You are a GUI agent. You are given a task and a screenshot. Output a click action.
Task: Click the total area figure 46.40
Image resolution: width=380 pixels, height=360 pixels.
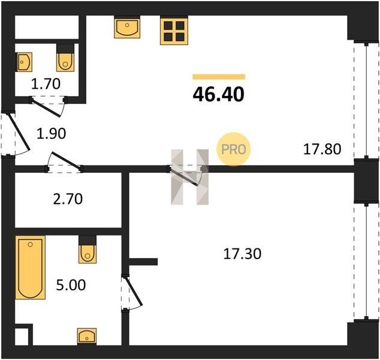tap(218, 95)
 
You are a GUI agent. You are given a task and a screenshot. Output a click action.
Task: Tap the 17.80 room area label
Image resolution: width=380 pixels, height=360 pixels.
tap(322, 149)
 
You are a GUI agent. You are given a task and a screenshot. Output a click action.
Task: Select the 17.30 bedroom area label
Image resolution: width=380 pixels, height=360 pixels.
tap(242, 254)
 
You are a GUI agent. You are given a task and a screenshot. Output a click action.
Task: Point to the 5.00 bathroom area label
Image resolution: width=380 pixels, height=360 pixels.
tap(71, 285)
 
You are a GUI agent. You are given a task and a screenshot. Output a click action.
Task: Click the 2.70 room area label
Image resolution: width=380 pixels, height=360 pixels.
tap(68, 199)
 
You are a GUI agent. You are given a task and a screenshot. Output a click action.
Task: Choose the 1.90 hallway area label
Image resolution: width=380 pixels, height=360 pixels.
tap(51, 134)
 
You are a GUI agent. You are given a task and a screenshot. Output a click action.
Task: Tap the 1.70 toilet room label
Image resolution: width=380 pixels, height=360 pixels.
tap(46, 84)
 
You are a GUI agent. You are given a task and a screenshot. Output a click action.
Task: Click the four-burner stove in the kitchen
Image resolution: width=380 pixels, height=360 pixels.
tap(174, 31)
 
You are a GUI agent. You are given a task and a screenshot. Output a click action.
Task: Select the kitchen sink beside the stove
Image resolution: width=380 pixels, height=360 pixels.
tap(127, 27)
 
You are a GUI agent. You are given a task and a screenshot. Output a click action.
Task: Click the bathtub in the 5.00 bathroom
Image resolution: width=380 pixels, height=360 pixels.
tap(31, 268)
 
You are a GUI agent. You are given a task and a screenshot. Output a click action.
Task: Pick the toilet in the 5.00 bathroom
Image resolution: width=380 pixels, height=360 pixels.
tap(88, 250)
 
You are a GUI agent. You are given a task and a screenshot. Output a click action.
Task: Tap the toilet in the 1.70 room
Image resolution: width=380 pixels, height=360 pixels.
tap(65, 58)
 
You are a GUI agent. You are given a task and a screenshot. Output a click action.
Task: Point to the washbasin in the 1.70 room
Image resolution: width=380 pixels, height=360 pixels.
tap(24, 62)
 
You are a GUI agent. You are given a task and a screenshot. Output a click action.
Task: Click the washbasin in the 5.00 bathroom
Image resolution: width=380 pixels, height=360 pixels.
tap(87, 336)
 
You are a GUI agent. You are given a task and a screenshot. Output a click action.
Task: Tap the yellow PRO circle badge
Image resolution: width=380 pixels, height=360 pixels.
tap(234, 149)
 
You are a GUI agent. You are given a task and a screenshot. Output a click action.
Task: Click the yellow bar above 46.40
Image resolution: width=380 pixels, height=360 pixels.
tap(219, 77)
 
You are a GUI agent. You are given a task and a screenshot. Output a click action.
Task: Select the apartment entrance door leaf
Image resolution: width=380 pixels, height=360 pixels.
tap(19, 131)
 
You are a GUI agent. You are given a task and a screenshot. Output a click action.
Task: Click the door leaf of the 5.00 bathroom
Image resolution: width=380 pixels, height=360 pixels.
tap(133, 290)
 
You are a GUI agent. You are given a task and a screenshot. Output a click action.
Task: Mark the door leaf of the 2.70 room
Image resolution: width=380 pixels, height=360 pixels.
tap(65, 160)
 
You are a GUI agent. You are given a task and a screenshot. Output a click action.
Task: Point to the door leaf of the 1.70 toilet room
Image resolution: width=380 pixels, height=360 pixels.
tap(46, 108)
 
